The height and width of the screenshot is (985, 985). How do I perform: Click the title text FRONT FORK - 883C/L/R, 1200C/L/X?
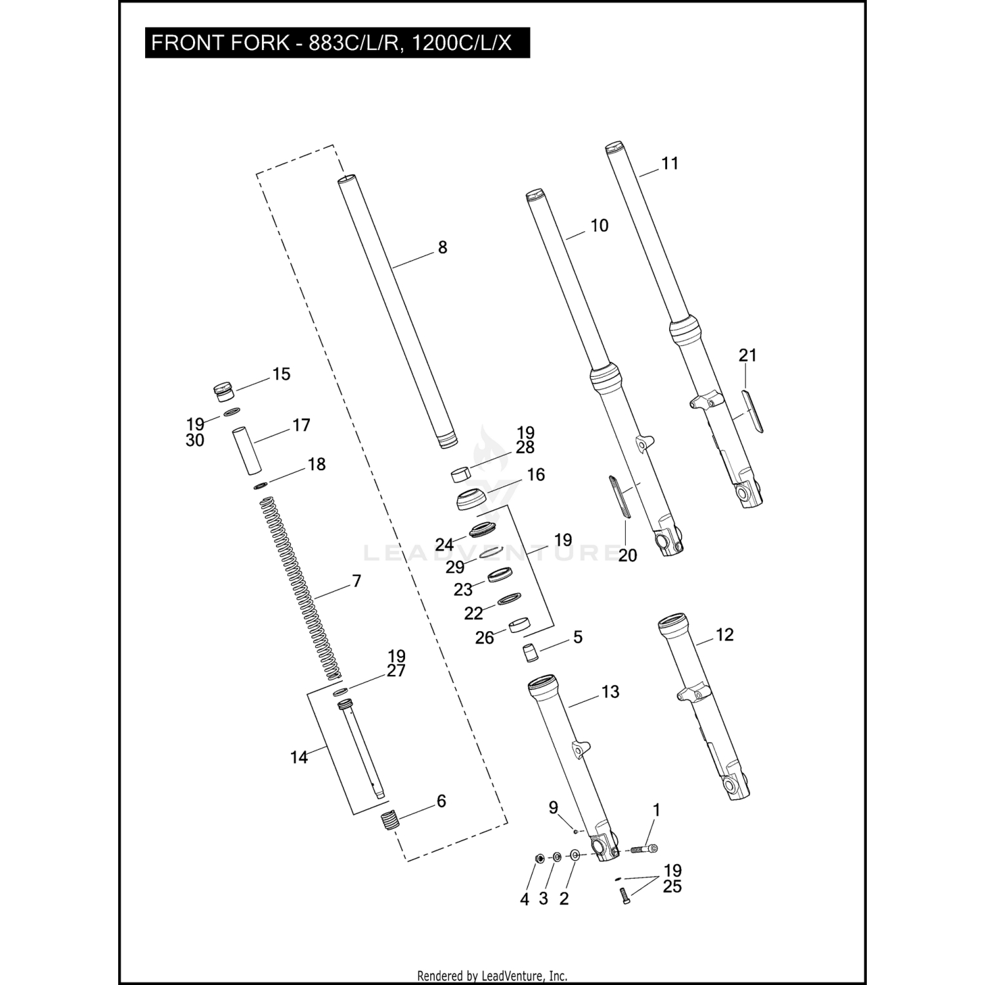(x=331, y=43)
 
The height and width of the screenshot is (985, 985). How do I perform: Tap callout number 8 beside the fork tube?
(x=443, y=248)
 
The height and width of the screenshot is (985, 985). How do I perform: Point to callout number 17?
(x=301, y=426)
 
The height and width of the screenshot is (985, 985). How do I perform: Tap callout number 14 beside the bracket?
(x=299, y=758)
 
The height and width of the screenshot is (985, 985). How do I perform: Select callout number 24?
(x=445, y=545)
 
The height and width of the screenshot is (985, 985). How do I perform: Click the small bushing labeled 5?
(x=530, y=653)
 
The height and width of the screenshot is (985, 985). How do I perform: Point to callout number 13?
(x=610, y=692)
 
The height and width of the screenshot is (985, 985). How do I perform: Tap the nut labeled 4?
(x=539, y=858)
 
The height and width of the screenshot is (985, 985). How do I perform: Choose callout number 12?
(x=724, y=635)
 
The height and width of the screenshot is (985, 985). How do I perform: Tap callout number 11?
(x=669, y=164)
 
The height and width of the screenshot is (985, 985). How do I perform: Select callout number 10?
(x=599, y=226)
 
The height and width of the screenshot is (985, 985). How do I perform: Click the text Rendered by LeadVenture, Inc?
(x=492, y=976)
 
